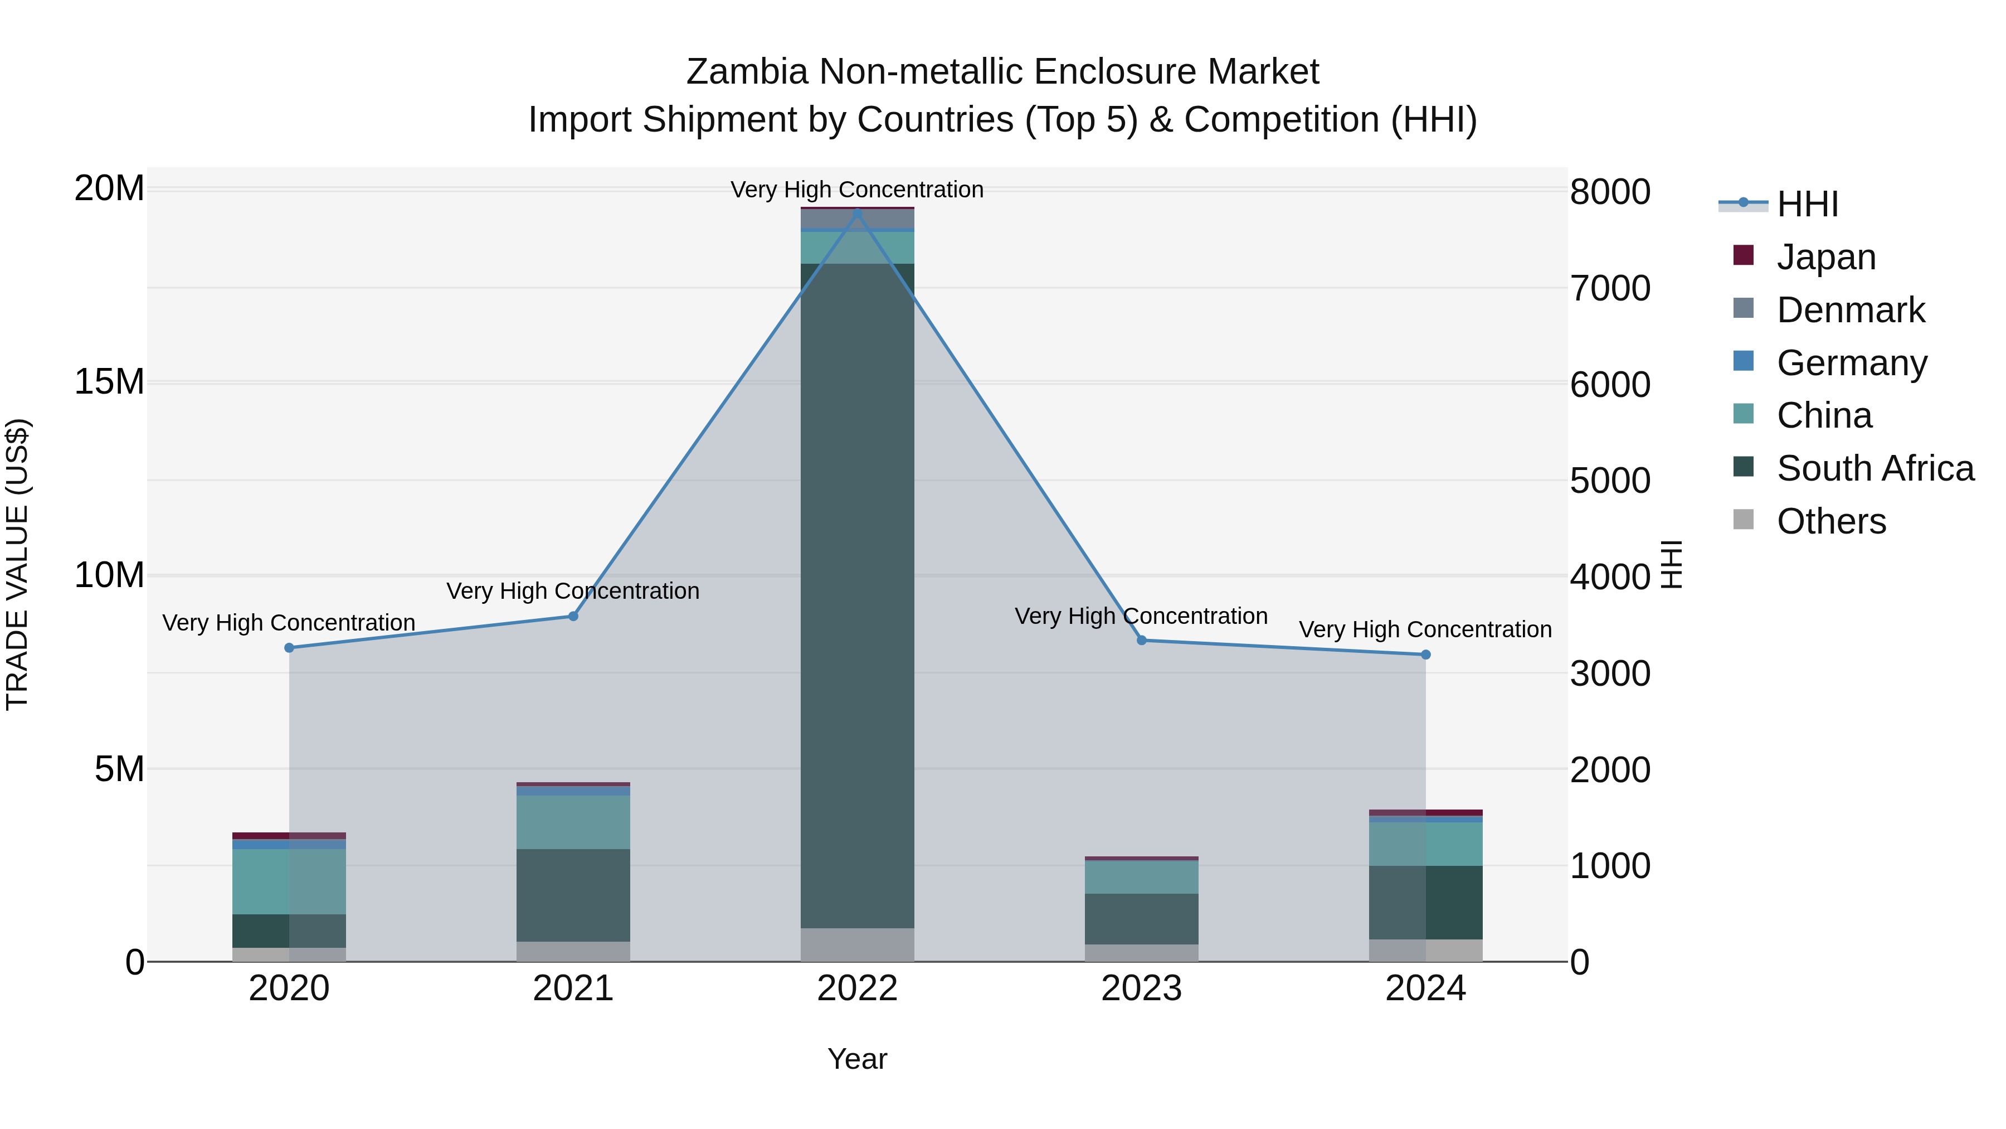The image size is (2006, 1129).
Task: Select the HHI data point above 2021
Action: (x=573, y=616)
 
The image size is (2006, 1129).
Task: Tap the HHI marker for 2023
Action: (x=1142, y=641)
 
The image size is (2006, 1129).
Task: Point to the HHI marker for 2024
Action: (x=1426, y=655)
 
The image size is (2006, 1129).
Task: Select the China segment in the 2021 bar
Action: (x=573, y=822)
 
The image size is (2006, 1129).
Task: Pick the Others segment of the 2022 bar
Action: (x=858, y=944)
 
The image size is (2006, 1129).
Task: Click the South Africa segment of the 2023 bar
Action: (x=1142, y=919)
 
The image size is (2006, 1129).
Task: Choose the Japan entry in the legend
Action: (x=1825, y=257)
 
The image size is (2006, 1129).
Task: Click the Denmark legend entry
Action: (x=1850, y=310)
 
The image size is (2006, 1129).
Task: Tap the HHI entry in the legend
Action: (x=1807, y=204)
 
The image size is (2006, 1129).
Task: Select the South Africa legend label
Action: (x=1875, y=468)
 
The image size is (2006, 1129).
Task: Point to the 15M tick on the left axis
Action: (x=109, y=382)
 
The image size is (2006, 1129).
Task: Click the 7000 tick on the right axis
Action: (x=1610, y=288)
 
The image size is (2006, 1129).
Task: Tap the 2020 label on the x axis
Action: (x=289, y=989)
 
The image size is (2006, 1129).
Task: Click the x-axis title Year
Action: (x=858, y=1059)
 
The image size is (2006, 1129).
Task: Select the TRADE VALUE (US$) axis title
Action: (x=17, y=564)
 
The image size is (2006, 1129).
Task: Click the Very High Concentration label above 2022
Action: (x=858, y=190)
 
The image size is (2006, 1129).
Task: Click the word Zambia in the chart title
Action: (x=747, y=72)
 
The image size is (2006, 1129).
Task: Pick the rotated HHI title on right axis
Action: (x=1672, y=564)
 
